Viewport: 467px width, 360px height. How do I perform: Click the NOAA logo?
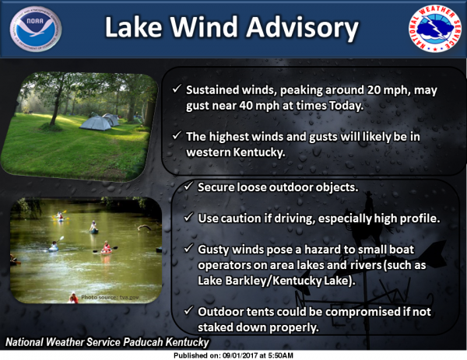pos(36,29)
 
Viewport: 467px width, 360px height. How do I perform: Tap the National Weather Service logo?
pos(434,29)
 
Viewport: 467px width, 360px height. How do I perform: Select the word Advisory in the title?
pos(302,28)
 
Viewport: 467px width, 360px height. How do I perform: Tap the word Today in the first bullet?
pos(346,106)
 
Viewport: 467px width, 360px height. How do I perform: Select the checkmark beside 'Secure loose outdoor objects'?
pos(188,187)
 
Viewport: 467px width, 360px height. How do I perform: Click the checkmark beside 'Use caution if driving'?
pos(188,217)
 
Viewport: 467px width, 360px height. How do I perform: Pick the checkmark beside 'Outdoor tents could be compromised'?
pos(188,310)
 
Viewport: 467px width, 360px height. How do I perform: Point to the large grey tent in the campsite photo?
pos(95,123)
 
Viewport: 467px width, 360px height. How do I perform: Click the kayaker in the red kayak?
pos(107,248)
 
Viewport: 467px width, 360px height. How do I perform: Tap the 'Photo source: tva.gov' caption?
pos(110,297)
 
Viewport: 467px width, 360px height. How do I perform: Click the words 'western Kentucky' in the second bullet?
pos(236,152)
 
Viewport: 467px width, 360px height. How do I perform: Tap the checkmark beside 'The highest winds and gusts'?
pos(177,135)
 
